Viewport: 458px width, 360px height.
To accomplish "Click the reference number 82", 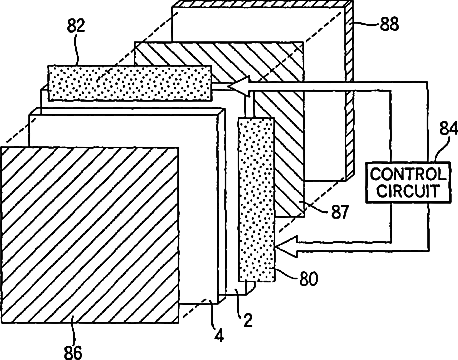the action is tap(76, 26).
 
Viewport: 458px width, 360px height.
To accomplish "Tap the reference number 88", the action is tap(389, 24).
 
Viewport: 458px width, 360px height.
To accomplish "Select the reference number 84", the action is tap(448, 128).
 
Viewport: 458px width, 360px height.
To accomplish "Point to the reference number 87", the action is tap(340, 212).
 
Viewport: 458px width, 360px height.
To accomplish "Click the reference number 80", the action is tap(309, 278).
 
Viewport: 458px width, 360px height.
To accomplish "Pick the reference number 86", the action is tap(73, 352).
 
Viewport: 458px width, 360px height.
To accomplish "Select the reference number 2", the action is tap(247, 320).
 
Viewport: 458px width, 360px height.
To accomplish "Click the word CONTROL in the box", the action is tap(408, 174).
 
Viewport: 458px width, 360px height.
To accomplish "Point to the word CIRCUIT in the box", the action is tap(408, 191).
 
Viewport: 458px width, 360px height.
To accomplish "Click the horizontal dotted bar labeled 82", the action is tap(130, 83).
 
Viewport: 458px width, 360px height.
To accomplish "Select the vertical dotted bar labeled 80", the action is tap(256, 199).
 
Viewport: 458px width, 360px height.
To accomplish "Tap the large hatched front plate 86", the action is tap(90, 235).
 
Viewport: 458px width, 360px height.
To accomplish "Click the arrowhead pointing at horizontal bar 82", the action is tap(238, 86).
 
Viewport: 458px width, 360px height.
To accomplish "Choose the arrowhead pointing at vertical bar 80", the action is tap(287, 246).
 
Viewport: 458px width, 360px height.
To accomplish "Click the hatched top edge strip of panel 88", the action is tap(262, 4).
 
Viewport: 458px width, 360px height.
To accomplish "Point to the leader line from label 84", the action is tap(441, 148).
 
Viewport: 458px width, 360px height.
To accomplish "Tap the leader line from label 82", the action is tap(77, 49).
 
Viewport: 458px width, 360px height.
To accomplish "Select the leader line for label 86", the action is tap(73, 333).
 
